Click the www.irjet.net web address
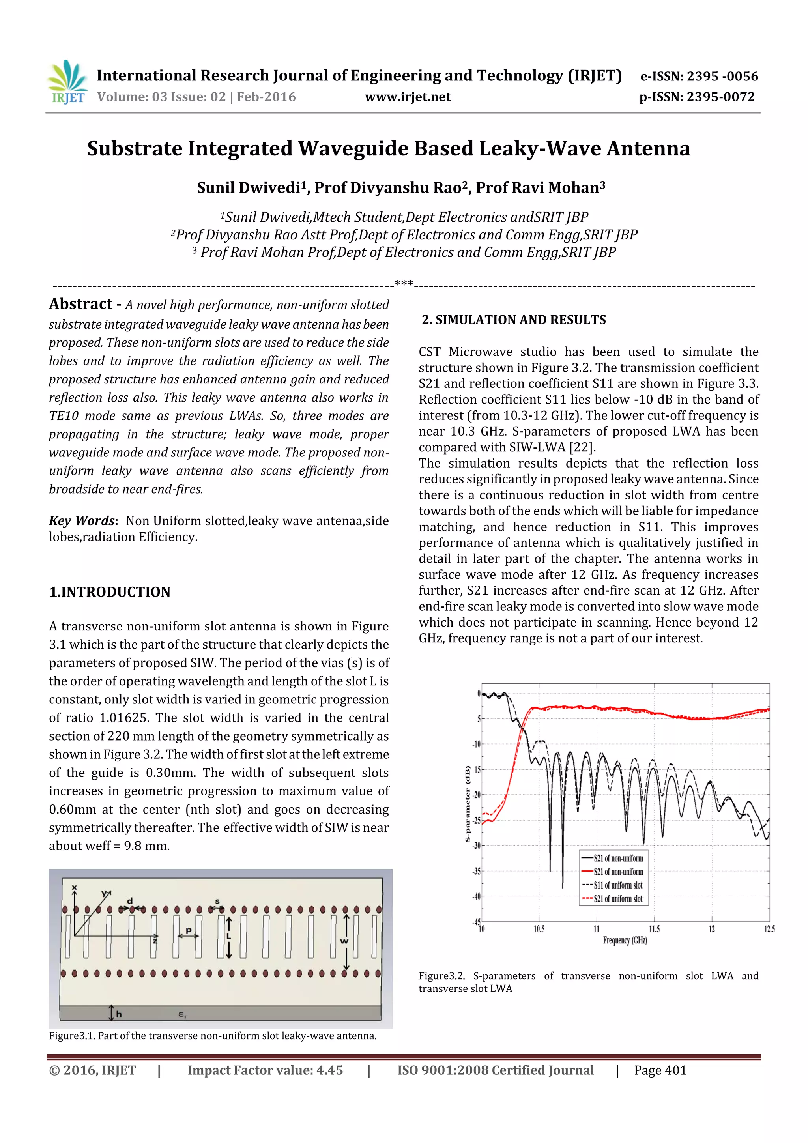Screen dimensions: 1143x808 coord(408,97)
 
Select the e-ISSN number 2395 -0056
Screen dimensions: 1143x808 coord(722,76)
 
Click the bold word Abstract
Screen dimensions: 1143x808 coord(80,304)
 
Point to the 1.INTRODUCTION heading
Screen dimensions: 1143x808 coord(110,592)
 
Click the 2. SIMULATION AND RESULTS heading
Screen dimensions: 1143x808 coord(514,320)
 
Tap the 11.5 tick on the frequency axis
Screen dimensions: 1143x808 coord(654,929)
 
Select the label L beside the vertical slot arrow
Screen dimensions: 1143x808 coord(229,936)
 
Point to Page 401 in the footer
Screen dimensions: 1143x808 coord(660,1070)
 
